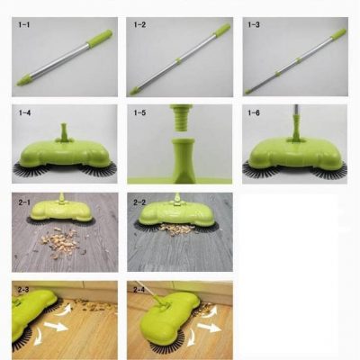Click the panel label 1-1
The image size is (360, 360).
tap(24, 25)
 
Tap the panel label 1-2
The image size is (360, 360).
tap(139, 25)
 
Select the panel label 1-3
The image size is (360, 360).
tap(254, 25)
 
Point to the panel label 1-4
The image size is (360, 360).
tap(24, 113)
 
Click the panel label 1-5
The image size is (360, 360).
tap(139, 113)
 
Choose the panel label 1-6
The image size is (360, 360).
tap(254, 113)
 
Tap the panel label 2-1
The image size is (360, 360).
tap(24, 202)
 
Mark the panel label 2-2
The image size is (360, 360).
tap(139, 202)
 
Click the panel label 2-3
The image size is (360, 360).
tap(23, 290)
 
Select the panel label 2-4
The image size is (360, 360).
tap(139, 290)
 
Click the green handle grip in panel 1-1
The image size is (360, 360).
tap(100, 39)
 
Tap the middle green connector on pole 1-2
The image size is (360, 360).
tap(178, 60)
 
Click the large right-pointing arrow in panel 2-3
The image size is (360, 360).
tap(56, 326)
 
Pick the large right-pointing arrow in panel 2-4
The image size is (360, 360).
tap(209, 327)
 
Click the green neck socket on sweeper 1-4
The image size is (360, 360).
tap(64, 132)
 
